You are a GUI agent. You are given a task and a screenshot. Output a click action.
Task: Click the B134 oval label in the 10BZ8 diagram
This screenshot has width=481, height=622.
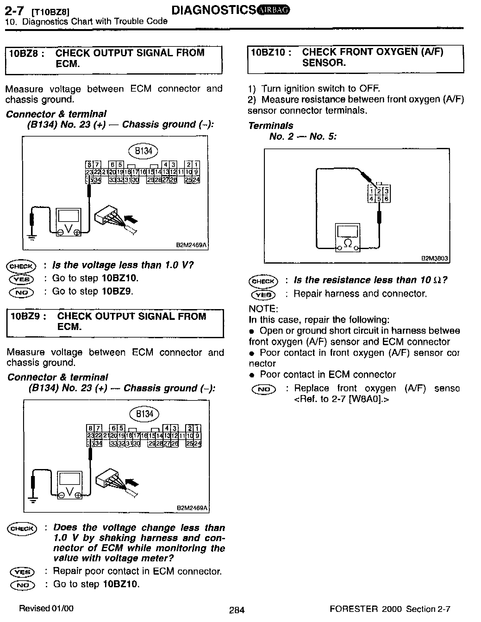coord(143,151)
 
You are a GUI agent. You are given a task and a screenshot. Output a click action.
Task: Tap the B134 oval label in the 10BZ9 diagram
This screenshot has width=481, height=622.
coord(144,414)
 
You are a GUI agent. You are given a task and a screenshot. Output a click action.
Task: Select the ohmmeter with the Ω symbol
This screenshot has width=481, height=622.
coord(347,237)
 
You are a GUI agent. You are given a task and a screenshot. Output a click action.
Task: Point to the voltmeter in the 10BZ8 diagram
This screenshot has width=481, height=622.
coord(69,222)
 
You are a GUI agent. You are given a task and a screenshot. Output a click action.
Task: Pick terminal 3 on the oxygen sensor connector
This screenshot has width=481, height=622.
coord(386,191)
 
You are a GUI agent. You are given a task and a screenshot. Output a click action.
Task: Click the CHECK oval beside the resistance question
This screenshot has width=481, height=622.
coord(263,281)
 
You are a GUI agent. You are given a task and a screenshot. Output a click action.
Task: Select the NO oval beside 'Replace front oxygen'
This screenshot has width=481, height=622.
coord(264,389)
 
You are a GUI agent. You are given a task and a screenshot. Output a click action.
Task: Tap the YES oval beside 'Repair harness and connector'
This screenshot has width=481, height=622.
coord(263,295)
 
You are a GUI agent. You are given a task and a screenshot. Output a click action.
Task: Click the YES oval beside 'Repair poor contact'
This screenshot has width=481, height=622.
coord(22,572)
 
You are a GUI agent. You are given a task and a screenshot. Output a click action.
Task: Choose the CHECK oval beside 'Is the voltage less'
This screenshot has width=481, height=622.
coord(21,266)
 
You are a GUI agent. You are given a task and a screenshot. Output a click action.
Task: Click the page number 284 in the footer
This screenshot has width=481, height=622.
coord(237,610)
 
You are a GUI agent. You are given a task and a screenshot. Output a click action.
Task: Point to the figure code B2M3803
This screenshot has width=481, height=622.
coord(434,258)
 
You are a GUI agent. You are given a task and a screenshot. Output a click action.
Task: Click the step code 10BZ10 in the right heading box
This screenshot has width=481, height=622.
coord(271,52)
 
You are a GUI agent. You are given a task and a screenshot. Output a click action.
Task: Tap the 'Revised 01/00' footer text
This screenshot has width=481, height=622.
coord(46,608)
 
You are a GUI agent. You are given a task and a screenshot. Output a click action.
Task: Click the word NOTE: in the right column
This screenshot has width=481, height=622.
coord(263,308)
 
